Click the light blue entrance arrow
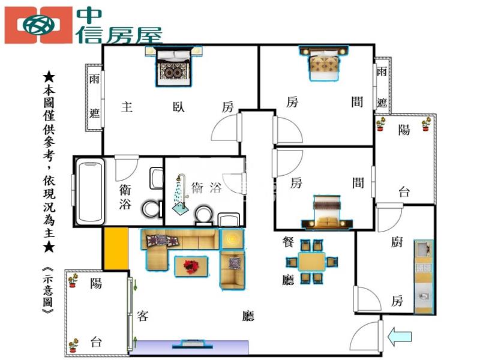(x=400, y=337)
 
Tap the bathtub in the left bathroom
(x=90, y=191)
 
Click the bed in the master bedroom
(x=173, y=67)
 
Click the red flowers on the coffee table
(x=191, y=266)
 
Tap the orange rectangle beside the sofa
(x=116, y=248)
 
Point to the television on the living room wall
(x=193, y=344)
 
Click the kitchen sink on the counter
(x=424, y=296)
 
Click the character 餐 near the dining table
(x=288, y=242)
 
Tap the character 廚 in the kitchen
(x=397, y=242)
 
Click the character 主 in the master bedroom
(x=127, y=107)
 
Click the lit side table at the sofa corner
(x=232, y=238)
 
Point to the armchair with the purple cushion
(x=232, y=269)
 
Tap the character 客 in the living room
(x=143, y=316)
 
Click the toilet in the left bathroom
(x=152, y=209)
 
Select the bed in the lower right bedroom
(x=327, y=212)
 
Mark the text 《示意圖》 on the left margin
(x=49, y=290)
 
